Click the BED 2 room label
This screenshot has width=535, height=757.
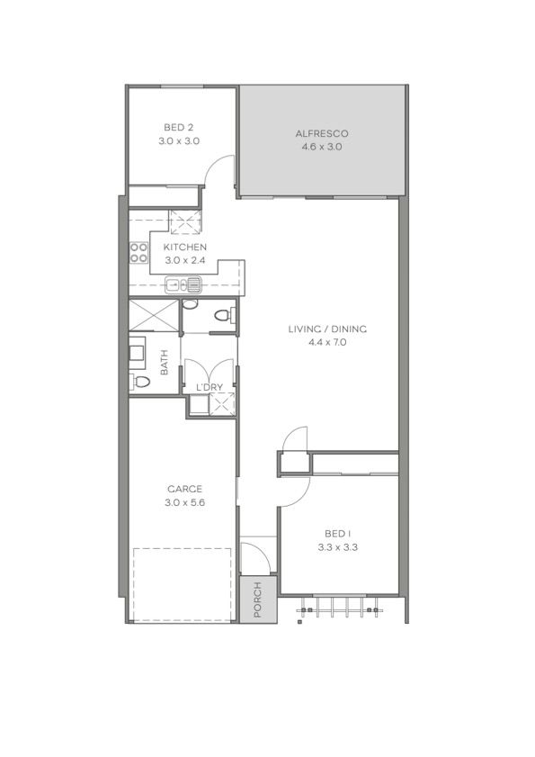tap(179, 128)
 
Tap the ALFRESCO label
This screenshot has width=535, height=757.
tap(321, 134)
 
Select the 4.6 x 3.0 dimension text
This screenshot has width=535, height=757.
tap(321, 148)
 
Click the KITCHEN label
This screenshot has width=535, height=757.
tap(184, 248)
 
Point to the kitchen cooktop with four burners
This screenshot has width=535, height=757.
tap(138, 253)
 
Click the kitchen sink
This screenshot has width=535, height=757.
tap(183, 284)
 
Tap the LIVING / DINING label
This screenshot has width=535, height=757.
tap(327, 329)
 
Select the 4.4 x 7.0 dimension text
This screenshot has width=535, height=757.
tap(327, 343)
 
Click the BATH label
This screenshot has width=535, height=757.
tap(164, 362)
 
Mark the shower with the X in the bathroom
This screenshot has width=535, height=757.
tap(154, 315)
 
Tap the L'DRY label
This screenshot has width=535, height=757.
tap(210, 387)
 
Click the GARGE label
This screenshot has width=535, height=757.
tap(184, 489)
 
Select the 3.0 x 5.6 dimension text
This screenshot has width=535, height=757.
tap(184, 502)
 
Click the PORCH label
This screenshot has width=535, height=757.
tap(258, 599)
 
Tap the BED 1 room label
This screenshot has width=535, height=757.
tap(338, 534)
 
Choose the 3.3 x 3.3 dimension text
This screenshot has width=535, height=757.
tap(338, 547)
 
